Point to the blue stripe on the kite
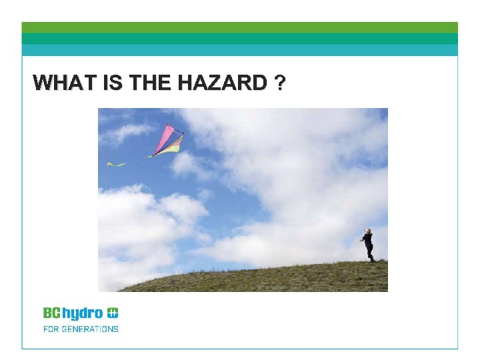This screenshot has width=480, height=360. [175, 138]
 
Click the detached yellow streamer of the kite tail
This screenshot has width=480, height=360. [117, 163]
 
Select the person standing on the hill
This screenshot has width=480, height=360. [368, 245]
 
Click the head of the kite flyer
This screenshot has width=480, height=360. [367, 232]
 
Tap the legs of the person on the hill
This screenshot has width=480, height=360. [370, 254]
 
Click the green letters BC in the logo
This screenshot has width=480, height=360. [52, 313]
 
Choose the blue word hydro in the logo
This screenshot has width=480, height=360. [83, 313]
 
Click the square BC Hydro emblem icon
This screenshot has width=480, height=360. [113, 312]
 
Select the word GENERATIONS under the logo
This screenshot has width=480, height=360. [91, 329]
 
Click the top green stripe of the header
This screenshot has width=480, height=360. [240, 27]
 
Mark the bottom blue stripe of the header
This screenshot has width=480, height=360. [240, 50]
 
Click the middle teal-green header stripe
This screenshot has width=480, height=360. [240, 39]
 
